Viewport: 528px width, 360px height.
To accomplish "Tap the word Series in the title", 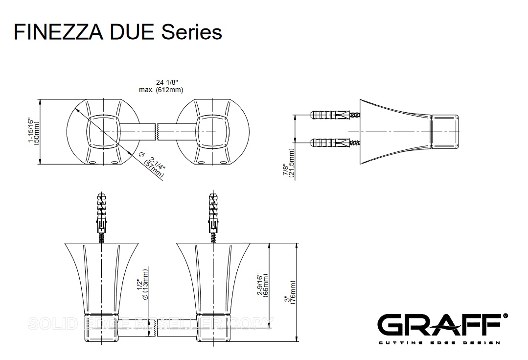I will pos(192,32).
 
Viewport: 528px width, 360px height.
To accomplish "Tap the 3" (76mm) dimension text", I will pos(290,292).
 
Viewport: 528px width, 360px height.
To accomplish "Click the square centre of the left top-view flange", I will pos(102,132).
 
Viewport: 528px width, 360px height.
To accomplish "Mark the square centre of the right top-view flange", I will pos(212,132).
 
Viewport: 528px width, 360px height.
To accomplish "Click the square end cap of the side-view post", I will pos(444,132).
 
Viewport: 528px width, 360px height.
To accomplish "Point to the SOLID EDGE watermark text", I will pos(149,323).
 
